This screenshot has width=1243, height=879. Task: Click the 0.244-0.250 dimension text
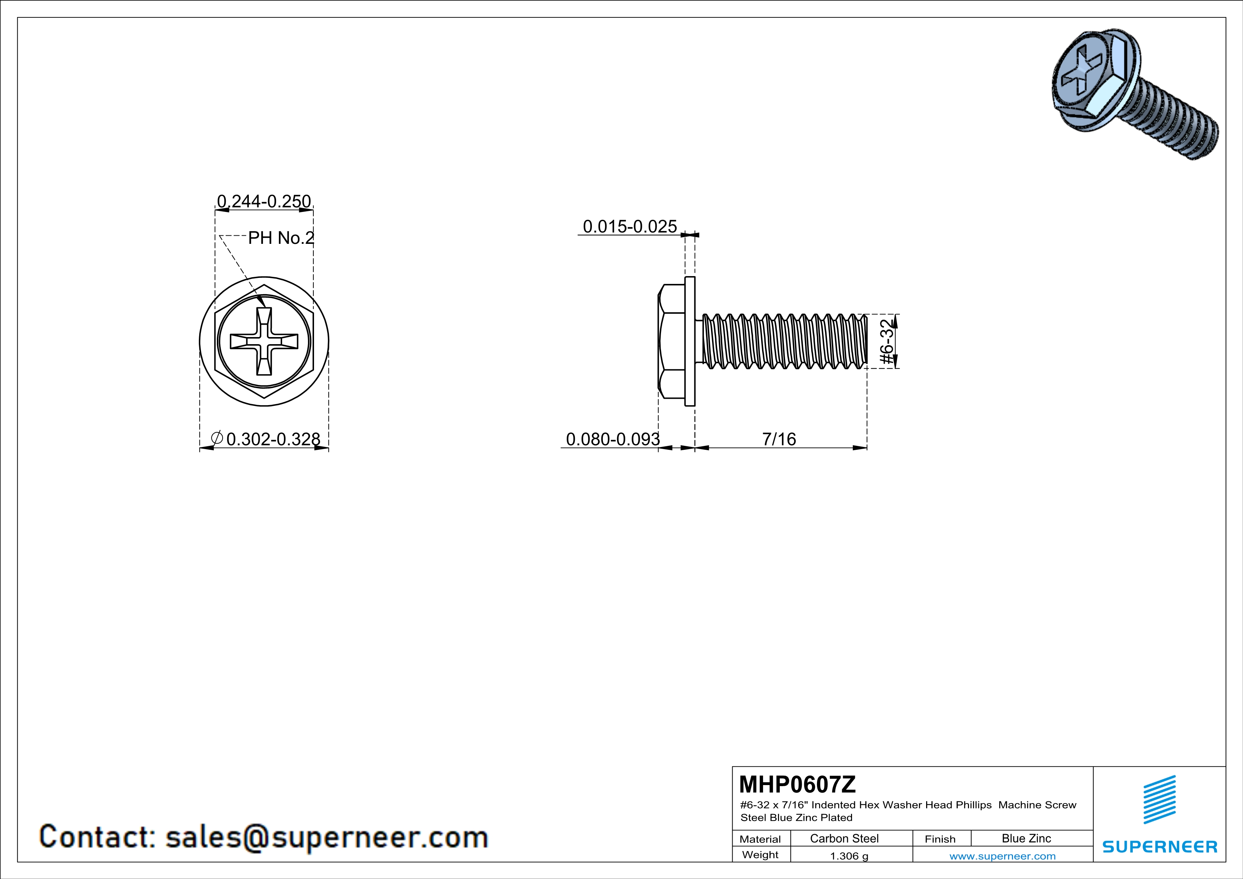pos(264,201)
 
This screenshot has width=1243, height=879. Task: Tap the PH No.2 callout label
pos(280,237)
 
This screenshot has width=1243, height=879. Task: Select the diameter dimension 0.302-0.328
pos(272,439)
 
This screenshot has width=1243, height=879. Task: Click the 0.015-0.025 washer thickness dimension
pos(629,226)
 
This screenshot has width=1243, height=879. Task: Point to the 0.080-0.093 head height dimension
pos(612,439)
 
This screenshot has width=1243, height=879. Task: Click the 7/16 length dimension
pos(779,439)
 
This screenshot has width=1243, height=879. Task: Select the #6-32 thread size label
pos(886,342)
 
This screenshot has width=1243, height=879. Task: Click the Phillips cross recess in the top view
pos(264,342)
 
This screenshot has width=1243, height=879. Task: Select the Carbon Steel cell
pos(844,838)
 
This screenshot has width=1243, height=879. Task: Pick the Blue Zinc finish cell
pos(1026,838)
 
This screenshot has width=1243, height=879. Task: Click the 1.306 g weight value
pos(849,856)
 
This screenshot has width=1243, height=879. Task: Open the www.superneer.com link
pos(1002,856)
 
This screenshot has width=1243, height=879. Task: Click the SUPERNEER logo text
pos(1160,846)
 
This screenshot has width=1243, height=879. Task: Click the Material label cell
pos(760,839)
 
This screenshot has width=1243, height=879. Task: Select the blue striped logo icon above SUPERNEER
pos(1160,800)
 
